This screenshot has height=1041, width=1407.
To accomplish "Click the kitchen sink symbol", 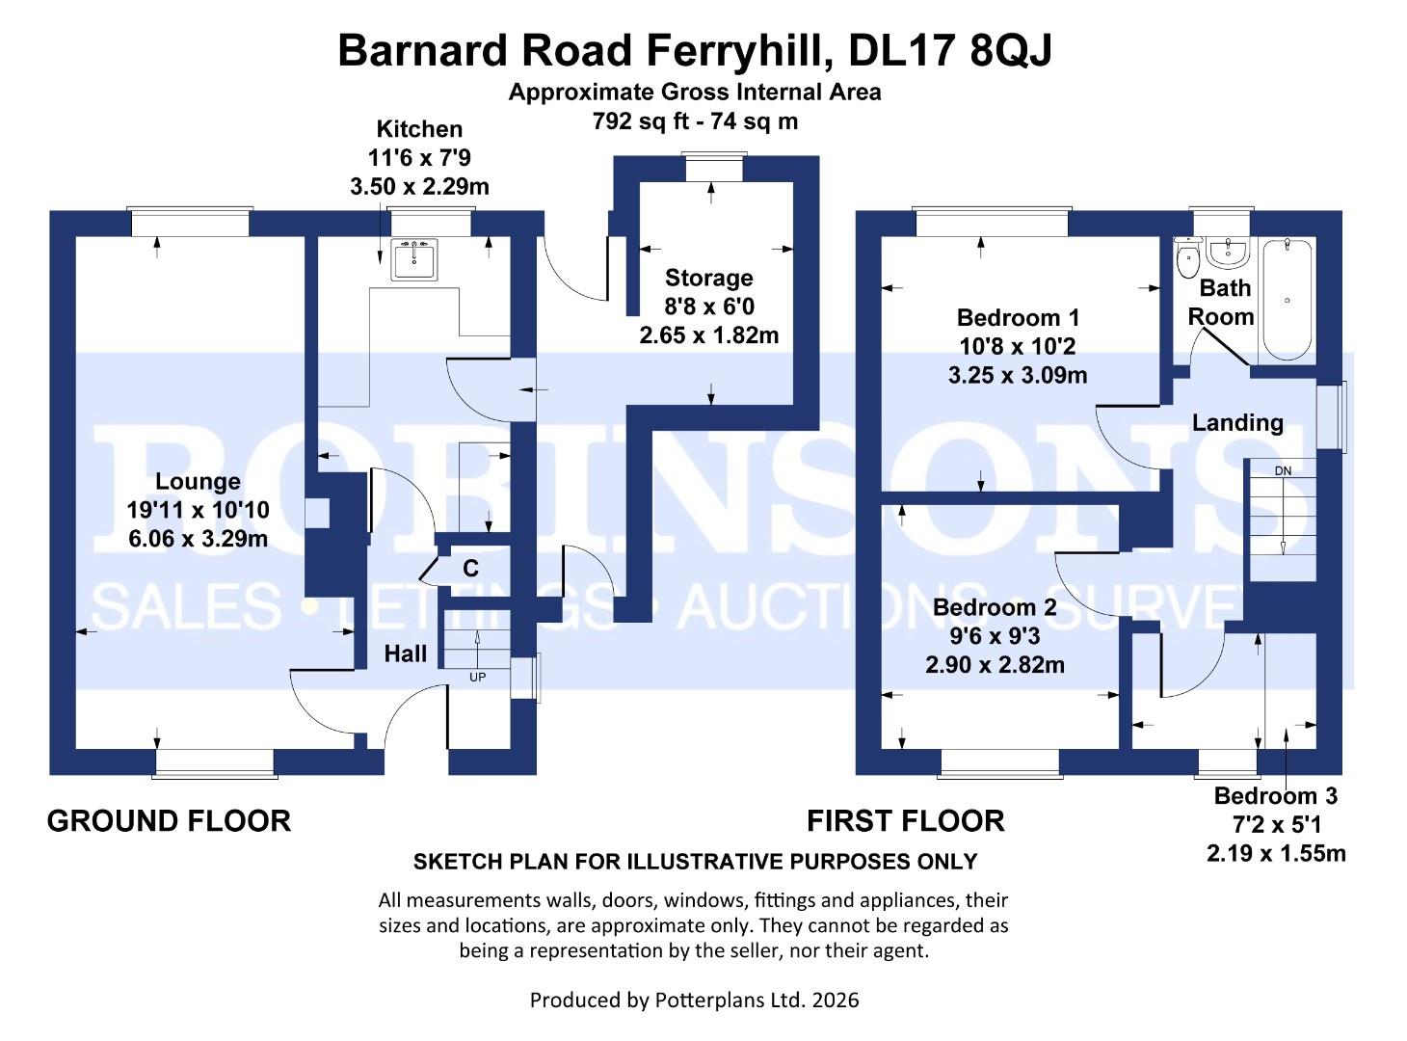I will (x=414, y=258).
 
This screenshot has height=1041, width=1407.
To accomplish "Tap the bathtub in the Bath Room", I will (x=1287, y=300).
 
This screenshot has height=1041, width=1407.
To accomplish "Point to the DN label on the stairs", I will (x=1282, y=470).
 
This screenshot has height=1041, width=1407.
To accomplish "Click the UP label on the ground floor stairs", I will (x=477, y=677).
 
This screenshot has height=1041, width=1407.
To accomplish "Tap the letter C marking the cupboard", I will (x=470, y=569).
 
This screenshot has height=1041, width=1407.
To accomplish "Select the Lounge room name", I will (x=198, y=482).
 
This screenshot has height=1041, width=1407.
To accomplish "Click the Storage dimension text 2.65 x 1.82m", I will (x=708, y=335).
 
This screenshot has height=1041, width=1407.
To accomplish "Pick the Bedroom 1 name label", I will (x=1018, y=317).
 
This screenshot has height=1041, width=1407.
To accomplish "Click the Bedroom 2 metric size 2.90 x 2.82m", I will (x=995, y=665).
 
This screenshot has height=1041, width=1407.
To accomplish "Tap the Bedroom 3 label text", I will (x=1275, y=796).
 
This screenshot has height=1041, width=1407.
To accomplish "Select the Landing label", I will (x=1237, y=422).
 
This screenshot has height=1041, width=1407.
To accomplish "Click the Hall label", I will (x=405, y=654).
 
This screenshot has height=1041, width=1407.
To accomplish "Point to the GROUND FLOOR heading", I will (x=169, y=821).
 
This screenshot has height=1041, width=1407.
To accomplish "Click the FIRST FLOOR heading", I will (x=905, y=821).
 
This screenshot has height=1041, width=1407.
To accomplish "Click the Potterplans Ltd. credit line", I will (x=694, y=1000).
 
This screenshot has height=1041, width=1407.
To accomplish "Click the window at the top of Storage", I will (x=712, y=168).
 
